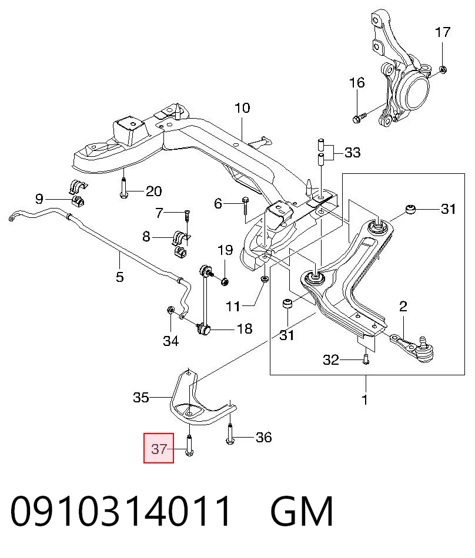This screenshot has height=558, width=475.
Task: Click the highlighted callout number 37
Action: (x=159, y=449)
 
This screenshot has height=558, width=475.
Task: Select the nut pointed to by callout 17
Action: (x=443, y=70)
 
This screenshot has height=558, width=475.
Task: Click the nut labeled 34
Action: (x=170, y=310)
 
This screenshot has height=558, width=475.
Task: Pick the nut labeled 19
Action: (x=225, y=282)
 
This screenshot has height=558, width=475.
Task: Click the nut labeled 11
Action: (x=264, y=278)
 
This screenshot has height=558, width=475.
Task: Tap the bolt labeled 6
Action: (x=245, y=206)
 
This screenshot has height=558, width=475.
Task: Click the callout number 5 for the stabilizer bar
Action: (x=120, y=277)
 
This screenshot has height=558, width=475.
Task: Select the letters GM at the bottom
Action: (x=302, y=511)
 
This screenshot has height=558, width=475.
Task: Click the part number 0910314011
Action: (x=121, y=511)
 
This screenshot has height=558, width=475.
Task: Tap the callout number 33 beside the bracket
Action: (x=353, y=152)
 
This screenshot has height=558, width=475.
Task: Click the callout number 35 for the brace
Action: (x=141, y=397)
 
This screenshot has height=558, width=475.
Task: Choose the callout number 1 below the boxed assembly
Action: (x=364, y=399)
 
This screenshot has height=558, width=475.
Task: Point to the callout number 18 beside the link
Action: (x=245, y=328)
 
